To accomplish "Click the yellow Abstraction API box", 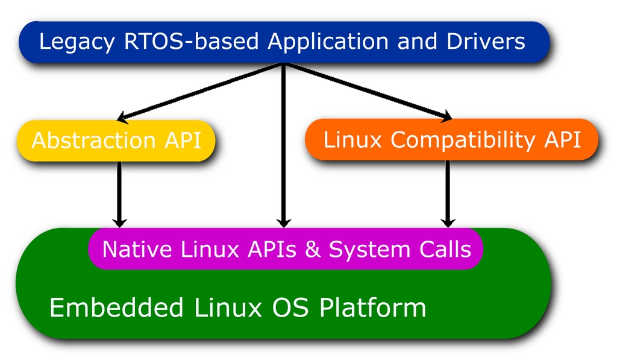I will point(116,141).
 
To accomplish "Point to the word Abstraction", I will point(94,141).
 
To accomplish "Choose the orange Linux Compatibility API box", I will point(452,140).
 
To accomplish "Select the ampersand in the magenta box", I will point(313,249).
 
